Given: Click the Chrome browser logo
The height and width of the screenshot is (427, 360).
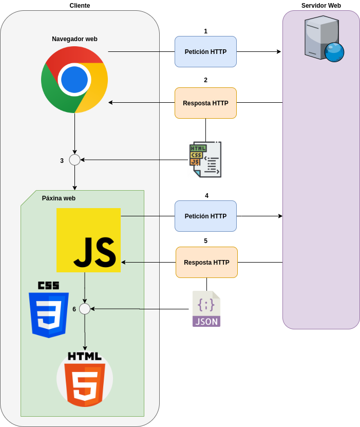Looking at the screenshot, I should tap(74, 80).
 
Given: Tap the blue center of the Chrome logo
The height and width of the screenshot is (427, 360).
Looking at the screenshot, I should tap(74, 80).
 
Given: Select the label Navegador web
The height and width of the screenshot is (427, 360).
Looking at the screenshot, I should tap(74, 39).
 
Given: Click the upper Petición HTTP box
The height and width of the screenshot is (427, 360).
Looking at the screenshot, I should tap(205, 51).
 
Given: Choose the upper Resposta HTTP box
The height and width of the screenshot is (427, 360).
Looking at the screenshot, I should tap(205, 103).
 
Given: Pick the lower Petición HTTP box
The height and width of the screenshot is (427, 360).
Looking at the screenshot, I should tap(205, 216).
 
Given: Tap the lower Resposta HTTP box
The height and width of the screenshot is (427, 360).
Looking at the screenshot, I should tap(206, 262).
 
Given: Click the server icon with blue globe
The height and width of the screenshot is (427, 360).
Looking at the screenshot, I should tap(323, 38).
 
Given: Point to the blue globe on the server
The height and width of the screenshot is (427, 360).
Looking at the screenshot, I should tap(334, 52).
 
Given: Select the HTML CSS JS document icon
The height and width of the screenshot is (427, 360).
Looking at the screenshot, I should tap(205, 159).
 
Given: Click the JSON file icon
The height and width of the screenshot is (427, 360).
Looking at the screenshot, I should tap(206, 309).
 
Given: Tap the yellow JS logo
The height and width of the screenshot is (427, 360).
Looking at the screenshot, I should tap(88, 240).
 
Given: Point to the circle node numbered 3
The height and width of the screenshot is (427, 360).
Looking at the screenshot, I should tap(74, 160).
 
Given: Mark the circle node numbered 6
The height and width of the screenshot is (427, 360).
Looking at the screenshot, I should tap(85, 309).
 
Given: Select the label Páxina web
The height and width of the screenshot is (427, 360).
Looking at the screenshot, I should tap(59, 198).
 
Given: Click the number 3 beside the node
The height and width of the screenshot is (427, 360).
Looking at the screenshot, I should tap(62, 161).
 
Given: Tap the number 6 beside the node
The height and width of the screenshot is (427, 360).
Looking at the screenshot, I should tap(74, 309).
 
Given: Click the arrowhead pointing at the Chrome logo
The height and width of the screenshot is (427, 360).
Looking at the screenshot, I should tap(111, 103).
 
